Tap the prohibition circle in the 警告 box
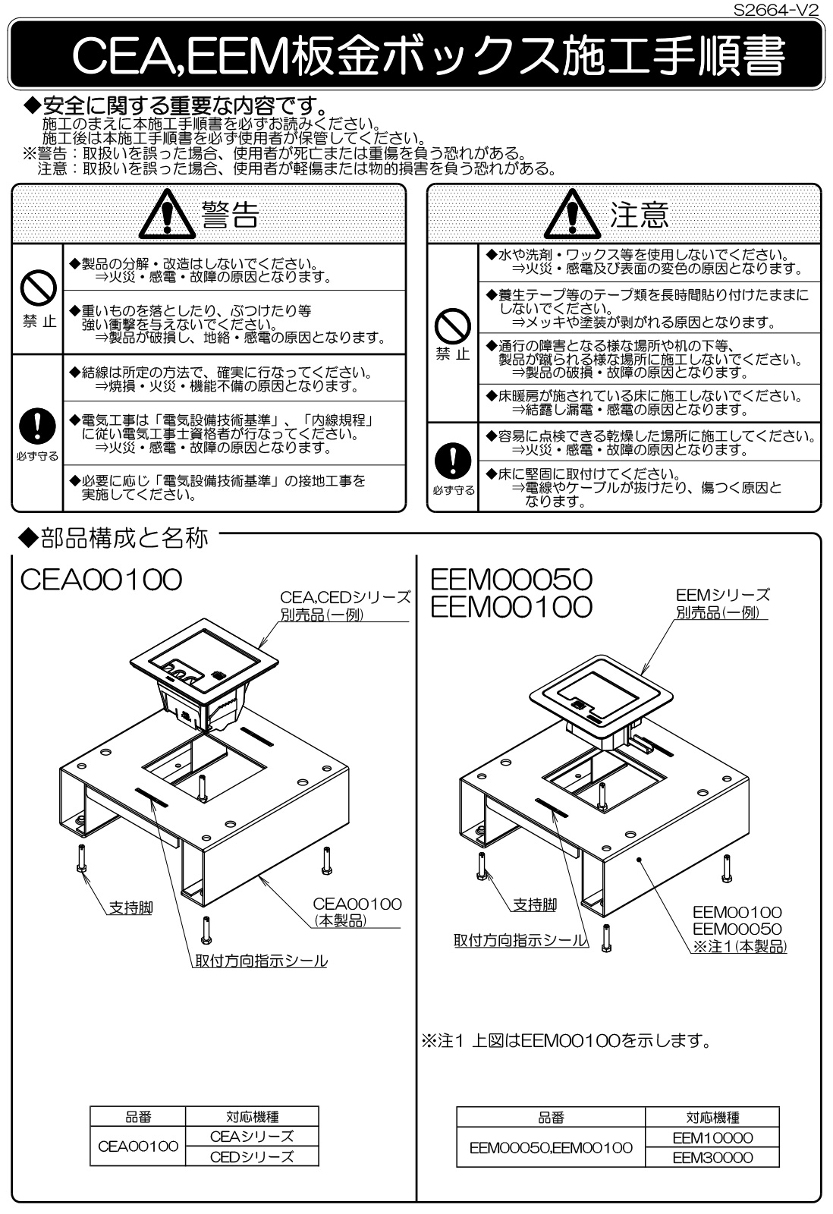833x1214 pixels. [x=37, y=289]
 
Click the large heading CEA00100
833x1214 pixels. [x=102, y=580]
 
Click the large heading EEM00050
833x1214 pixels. [x=511, y=579]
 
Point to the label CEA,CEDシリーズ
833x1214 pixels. [x=346, y=597]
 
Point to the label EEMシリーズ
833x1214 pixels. [x=722, y=594]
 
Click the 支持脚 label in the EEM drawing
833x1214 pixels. [x=534, y=904]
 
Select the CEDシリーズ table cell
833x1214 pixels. [x=252, y=1156]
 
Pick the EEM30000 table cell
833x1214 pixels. [x=712, y=1157]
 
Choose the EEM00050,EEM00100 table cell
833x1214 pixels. [x=551, y=1147]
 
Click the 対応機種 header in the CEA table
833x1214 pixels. [x=252, y=1116]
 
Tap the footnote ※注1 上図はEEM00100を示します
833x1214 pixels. [x=565, y=1040]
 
